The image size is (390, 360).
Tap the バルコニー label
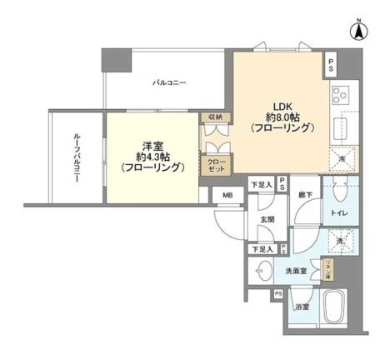[168, 82]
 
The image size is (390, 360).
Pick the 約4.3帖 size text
[152, 155]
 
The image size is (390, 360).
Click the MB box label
[227, 196]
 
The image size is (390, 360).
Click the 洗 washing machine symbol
[340, 241]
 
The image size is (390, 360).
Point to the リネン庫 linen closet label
[328, 270]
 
